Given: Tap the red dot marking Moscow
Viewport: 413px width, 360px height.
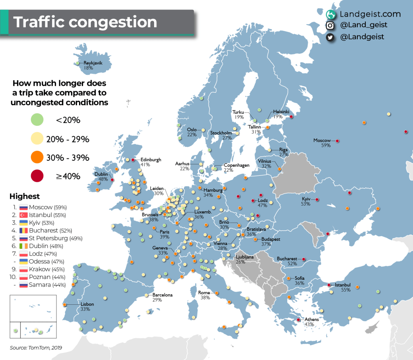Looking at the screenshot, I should tap(337, 141).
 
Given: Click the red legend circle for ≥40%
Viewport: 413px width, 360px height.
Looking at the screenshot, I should tap(38, 175).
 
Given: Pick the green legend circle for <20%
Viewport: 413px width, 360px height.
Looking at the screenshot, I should tap(38, 120).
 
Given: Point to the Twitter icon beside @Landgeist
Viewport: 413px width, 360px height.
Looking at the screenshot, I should tap(330, 37).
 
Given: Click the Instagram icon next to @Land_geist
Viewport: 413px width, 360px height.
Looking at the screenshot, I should tap(330, 25).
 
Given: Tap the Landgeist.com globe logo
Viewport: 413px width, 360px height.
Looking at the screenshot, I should tap(331, 15).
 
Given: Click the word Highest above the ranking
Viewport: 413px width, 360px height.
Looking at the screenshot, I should tap(25, 196).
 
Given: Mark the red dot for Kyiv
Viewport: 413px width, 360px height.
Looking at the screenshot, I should tap(317, 200).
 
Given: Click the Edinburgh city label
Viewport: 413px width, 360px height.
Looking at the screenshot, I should tap(150, 160).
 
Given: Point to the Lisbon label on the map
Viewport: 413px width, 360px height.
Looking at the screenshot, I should tap(87, 304).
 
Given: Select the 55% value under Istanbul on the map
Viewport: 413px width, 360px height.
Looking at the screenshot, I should tap(345, 289).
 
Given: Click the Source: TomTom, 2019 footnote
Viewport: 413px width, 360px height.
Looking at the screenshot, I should tap(36, 348).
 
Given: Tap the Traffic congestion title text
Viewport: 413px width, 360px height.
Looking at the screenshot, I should tap(86, 22).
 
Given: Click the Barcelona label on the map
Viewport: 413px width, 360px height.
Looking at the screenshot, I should tap(162, 295).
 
